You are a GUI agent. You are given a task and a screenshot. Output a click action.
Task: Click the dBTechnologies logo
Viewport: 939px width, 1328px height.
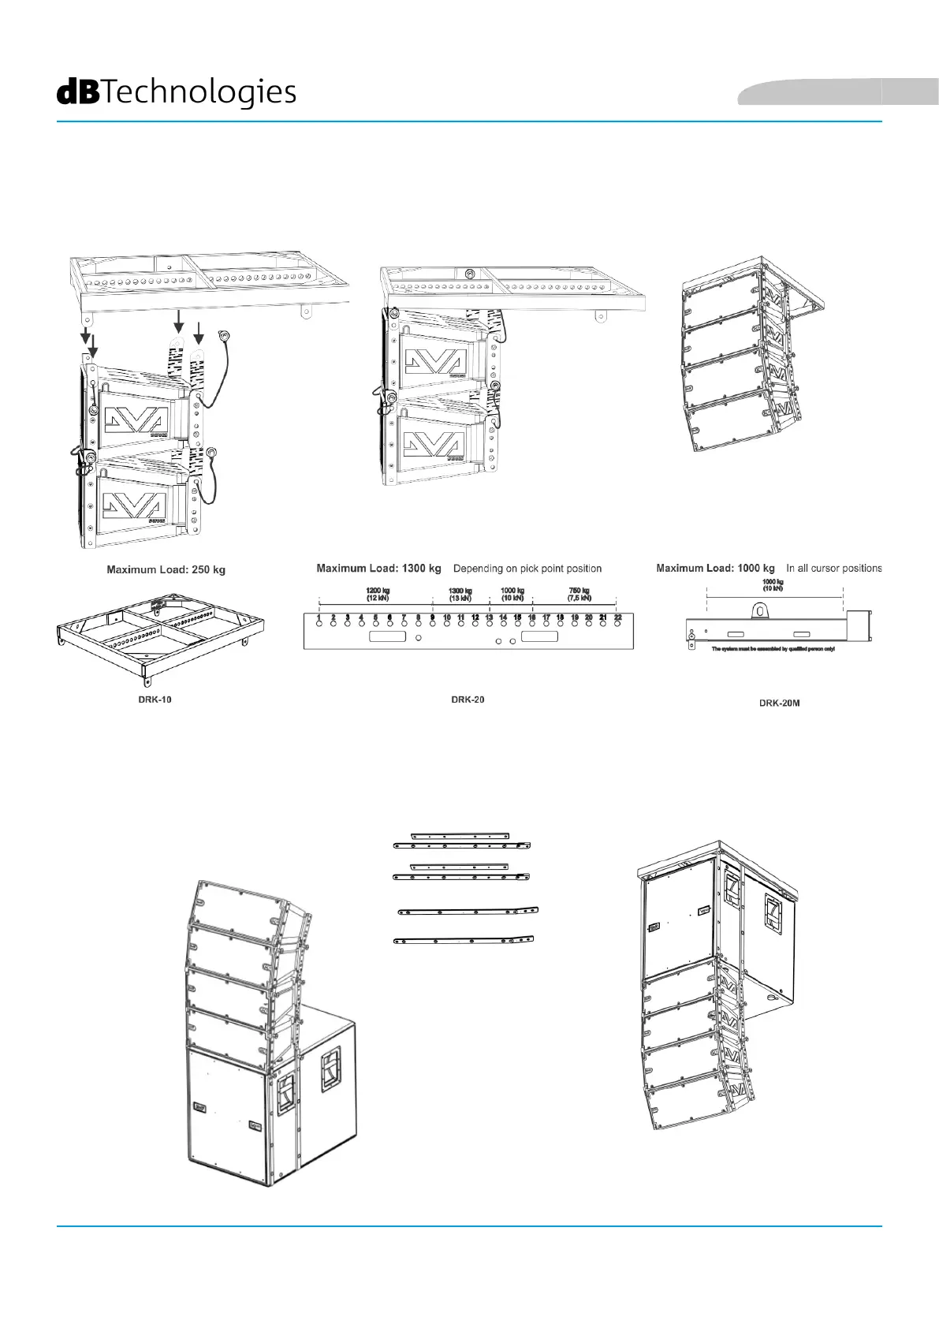click(177, 92)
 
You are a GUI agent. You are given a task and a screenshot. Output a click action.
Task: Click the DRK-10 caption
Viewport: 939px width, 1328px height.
click(155, 699)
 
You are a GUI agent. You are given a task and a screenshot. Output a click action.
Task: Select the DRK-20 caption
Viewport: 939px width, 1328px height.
click(468, 699)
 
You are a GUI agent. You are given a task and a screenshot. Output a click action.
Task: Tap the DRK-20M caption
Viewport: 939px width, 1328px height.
click(779, 703)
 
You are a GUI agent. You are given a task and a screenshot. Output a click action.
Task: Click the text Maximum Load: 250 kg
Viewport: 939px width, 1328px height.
click(166, 569)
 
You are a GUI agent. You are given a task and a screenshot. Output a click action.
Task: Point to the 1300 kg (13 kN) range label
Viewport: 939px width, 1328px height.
click(460, 594)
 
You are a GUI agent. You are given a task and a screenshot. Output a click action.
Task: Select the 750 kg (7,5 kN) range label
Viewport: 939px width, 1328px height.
click(579, 594)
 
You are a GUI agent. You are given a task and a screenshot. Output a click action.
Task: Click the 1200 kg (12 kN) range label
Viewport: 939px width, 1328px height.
click(377, 594)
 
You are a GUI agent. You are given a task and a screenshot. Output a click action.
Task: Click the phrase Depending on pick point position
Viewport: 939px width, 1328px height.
click(527, 569)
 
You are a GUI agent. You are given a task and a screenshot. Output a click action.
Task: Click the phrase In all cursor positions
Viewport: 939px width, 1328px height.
click(833, 569)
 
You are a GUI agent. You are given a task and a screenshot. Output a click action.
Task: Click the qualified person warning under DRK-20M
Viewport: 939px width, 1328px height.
click(773, 649)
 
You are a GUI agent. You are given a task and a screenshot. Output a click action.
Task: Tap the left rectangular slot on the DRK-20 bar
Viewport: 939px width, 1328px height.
click(388, 636)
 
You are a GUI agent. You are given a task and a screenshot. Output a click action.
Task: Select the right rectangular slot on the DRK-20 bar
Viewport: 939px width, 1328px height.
click(540, 636)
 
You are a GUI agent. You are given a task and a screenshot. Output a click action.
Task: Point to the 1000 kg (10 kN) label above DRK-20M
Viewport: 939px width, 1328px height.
click(773, 584)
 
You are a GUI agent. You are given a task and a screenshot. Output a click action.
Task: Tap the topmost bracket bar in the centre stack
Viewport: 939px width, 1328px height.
click(460, 836)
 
